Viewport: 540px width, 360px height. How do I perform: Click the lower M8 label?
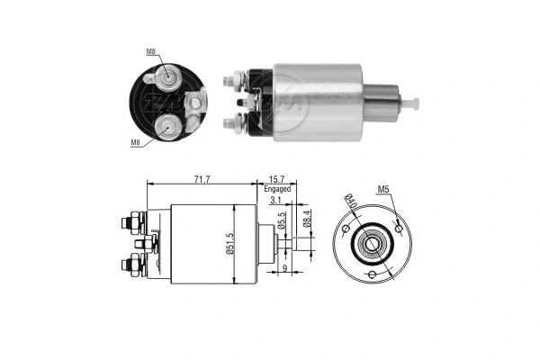(x=136, y=142)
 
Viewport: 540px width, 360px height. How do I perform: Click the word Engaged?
(x=277, y=190)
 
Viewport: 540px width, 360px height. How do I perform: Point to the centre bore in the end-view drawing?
(x=369, y=241)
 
